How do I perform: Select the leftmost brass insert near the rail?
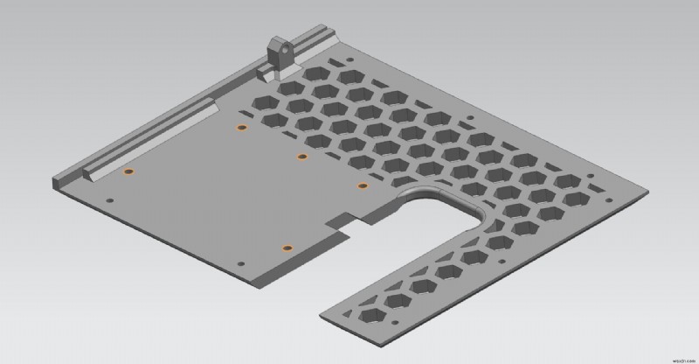[128, 171]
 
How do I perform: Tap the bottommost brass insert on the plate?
[285, 248]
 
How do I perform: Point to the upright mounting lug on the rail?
[279, 55]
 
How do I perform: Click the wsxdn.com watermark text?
[674, 356]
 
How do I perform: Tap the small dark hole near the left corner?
[109, 200]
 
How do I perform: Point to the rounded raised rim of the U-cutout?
[437, 189]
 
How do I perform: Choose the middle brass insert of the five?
[301, 157]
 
